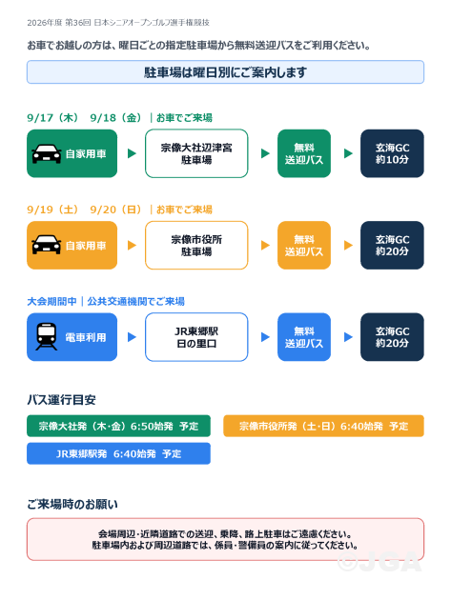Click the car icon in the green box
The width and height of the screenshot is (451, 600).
[47, 153]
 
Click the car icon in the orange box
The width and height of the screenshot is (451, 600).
[47, 245]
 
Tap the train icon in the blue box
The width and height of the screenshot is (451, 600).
[47, 337]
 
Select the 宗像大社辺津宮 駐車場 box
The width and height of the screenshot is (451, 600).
[196, 153]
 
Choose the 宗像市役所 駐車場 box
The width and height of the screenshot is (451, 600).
[196, 246]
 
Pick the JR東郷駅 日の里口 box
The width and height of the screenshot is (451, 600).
[196, 337]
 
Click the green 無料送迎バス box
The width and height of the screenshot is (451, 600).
[304, 153]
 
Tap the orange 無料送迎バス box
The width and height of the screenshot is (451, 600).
[304, 246]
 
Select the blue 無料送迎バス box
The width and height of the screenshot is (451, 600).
[304, 337]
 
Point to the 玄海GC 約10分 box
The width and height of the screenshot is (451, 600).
[392, 153]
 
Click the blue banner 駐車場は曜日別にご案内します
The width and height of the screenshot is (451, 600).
[225, 72]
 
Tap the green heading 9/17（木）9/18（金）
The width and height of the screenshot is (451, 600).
[84, 118]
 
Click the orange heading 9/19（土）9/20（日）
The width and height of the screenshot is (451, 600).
[84, 210]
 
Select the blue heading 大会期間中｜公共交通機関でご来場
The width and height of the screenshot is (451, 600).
[106, 302]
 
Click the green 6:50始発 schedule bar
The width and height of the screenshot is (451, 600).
[118, 426]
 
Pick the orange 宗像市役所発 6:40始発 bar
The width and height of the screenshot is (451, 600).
[323, 426]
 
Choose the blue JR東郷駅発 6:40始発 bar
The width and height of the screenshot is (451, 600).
[118, 453]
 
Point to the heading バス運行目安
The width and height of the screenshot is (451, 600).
[61, 400]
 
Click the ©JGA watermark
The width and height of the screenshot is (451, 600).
[379, 562]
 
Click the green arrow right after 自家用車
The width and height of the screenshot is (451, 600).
[132, 153]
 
